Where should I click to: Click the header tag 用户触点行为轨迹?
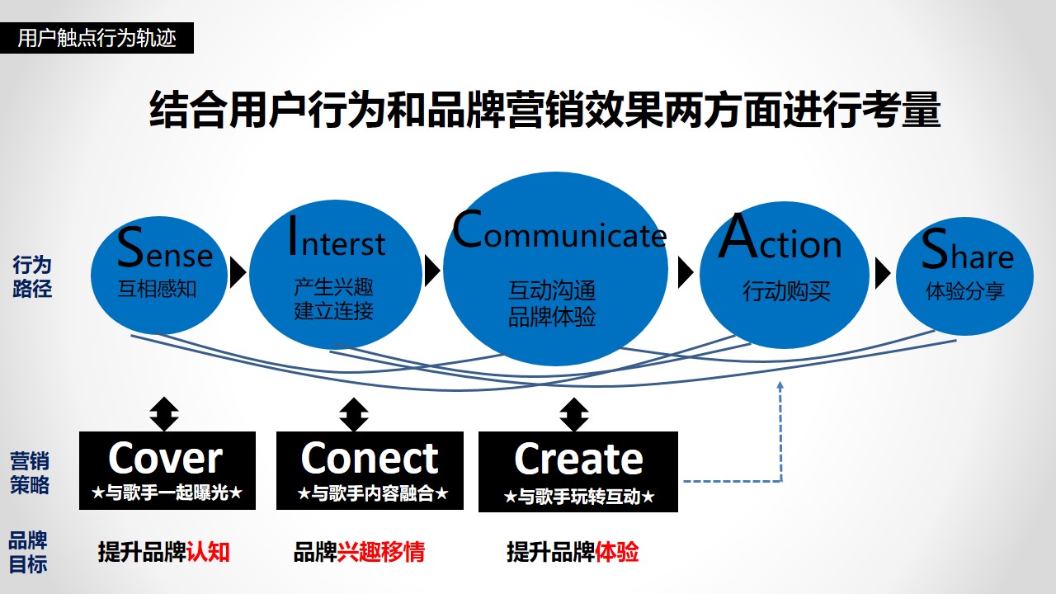[97, 38]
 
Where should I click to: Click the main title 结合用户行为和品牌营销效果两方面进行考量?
[545, 110]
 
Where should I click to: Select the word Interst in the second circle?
[337, 237]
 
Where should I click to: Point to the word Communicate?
[559, 229]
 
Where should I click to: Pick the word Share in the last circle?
[968, 249]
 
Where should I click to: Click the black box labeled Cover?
[167, 470]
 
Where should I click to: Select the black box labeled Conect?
[370, 470]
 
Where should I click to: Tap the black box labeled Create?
[578, 471]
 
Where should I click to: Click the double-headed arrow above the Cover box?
[164, 414]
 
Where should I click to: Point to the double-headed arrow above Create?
[573, 414]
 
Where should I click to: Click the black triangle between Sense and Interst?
[238, 272]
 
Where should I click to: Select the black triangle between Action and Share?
[883, 272]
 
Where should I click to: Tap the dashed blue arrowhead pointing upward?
[780, 385]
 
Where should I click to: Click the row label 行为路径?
[32, 276]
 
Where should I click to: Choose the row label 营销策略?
[30, 473]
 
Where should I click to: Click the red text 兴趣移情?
[381, 552]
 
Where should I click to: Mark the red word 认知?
[208, 552]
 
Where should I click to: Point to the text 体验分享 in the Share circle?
[965, 291]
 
